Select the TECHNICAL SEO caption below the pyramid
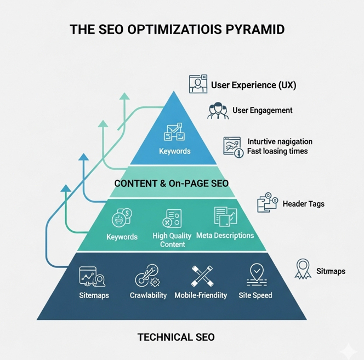click(176, 337)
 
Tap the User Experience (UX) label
click(253, 85)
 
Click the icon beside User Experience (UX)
click(198, 84)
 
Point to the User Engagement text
click(263, 110)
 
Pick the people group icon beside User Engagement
click(218, 111)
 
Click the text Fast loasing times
click(277, 151)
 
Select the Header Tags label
click(303, 204)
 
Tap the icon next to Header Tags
click(268, 202)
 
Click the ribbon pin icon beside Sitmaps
click(303, 269)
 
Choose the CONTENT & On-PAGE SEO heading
click(172, 184)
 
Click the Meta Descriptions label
click(225, 236)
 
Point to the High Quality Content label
click(172, 240)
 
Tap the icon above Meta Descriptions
click(226, 216)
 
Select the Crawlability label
click(148, 295)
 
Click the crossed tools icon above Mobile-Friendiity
click(202, 276)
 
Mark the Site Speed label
click(255, 295)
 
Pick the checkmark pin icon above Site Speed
click(257, 275)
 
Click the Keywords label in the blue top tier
click(174, 151)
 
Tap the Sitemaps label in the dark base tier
click(94, 295)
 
